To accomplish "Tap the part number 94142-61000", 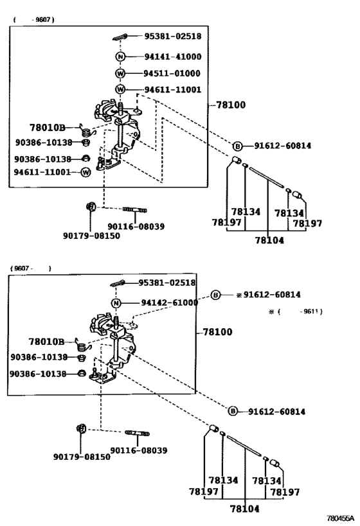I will point(168,303).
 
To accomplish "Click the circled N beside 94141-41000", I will point(120,57).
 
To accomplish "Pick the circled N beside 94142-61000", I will point(116,303).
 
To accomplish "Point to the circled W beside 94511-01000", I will point(120,73).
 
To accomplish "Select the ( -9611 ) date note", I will point(296,311).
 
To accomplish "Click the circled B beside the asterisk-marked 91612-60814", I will point(216,295).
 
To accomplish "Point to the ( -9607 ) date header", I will point(33,20).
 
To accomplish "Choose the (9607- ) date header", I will point(30,268).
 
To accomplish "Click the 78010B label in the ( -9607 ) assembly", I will point(48,127).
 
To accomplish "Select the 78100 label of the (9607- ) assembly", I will point(217,332).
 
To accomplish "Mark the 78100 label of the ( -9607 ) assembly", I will point(230,104).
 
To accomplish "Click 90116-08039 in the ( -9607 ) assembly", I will point(136,226).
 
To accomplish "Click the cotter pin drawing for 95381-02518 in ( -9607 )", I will point(120,37).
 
